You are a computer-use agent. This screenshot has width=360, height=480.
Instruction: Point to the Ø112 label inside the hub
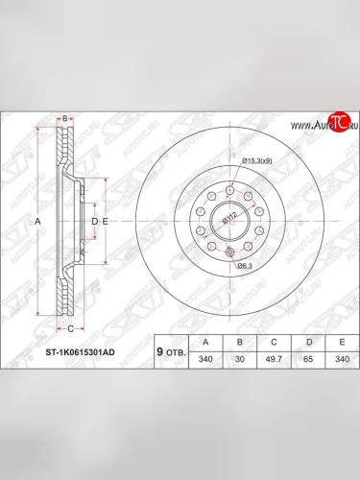[x=228, y=219]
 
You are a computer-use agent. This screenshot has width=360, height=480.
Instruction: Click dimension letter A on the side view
[x=37, y=221]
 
